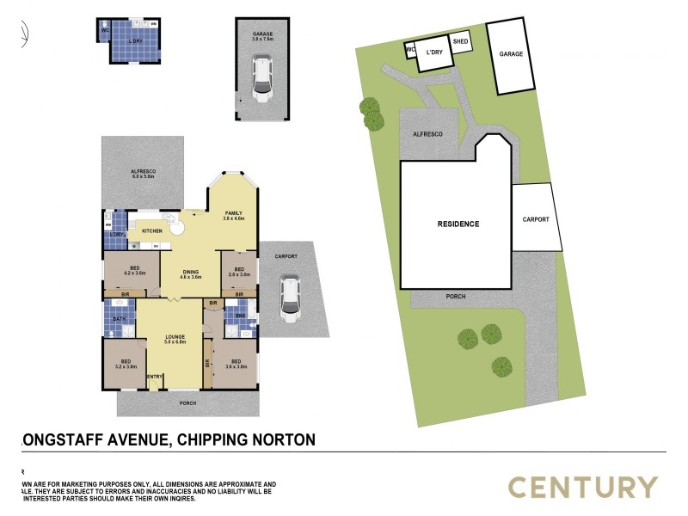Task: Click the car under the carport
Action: click(290, 298)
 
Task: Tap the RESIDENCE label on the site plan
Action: click(458, 224)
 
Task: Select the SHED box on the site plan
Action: click(461, 41)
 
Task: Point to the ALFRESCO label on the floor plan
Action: click(143, 172)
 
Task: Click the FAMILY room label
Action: click(234, 213)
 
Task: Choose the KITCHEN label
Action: click(152, 231)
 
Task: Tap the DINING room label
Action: click(190, 273)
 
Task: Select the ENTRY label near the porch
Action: click(155, 377)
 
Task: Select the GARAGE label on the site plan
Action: click(511, 54)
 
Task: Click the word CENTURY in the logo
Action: click(582, 488)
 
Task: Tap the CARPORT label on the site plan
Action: click(535, 219)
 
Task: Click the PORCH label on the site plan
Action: click(456, 297)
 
